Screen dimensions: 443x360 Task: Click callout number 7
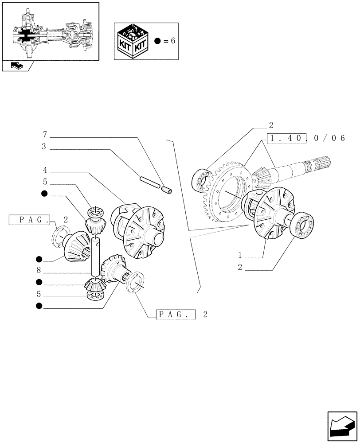pyautogui.click(x=45, y=134)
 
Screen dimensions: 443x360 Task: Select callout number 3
pyautogui.click(x=45, y=147)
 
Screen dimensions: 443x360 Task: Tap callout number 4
pyautogui.click(x=45, y=170)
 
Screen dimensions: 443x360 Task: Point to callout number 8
pyautogui.click(x=39, y=270)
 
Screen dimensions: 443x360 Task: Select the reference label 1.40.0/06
pyautogui.click(x=305, y=138)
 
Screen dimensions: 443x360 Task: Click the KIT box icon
pyautogui.click(x=132, y=41)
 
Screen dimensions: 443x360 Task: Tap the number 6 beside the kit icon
pyautogui.click(x=173, y=41)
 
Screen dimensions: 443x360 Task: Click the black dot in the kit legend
pyautogui.click(x=157, y=41)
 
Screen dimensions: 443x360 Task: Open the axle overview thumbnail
pyautogui.click(x=50, y=31)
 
